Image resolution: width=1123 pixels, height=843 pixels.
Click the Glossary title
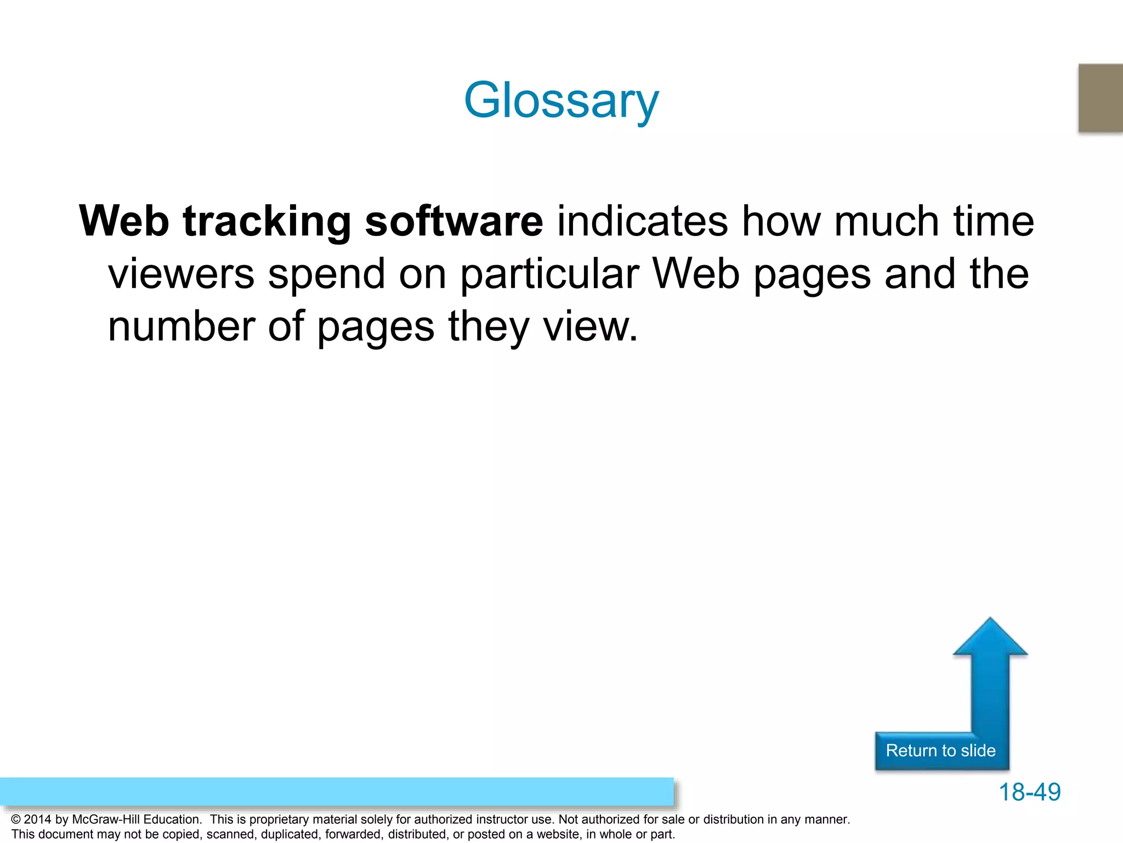tap(561, 100)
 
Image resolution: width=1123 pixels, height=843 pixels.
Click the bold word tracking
tap(266, 221)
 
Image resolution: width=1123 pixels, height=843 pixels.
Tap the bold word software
tap(453, 221)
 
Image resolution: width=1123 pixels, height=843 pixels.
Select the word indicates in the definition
tap(642, 221)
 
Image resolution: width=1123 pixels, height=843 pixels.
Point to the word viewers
tap(181, 274)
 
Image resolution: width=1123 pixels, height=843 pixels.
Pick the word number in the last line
tap(181, 327)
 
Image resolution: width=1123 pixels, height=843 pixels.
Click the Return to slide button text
tap(940, 750)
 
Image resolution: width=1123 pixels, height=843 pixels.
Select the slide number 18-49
tap(1029, 792)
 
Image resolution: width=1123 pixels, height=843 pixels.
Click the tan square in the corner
tap(1101, 98)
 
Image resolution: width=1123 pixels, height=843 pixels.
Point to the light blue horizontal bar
tap(337, 791)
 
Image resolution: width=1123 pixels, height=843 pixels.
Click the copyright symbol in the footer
tap(15, 820)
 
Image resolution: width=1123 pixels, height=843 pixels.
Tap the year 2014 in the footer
tap(37, 819)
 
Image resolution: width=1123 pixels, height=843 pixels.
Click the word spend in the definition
tap(326, 274)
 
